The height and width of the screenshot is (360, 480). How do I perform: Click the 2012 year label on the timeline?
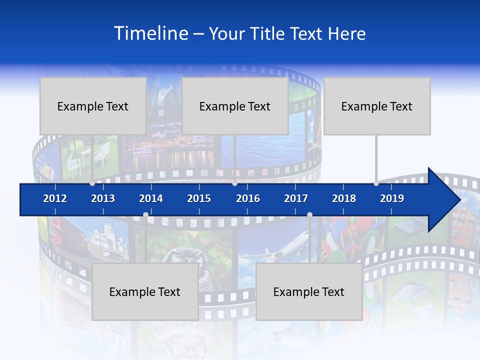55,198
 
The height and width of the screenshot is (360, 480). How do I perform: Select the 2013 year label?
103,198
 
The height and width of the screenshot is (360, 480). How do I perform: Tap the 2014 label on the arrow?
151,198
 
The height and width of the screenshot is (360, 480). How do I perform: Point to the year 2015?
199,198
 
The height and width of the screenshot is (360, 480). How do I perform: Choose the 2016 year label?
248,198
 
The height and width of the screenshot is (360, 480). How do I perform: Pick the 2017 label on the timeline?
296,198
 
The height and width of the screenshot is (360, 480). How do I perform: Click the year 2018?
344,198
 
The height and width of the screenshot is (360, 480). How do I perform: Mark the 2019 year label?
392,198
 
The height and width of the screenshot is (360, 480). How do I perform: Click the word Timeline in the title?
150,33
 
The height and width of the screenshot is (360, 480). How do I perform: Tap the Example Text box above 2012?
93,106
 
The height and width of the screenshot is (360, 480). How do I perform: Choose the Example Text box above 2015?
235,106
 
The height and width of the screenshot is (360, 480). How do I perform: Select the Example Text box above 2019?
377,106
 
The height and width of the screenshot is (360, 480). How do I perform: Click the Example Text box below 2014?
145,292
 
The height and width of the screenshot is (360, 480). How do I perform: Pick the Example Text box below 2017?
309,292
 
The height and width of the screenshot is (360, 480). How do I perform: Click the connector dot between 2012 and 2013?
92,183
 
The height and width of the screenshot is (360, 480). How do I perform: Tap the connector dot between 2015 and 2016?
234,183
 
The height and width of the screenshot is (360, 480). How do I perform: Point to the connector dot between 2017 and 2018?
309,214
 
